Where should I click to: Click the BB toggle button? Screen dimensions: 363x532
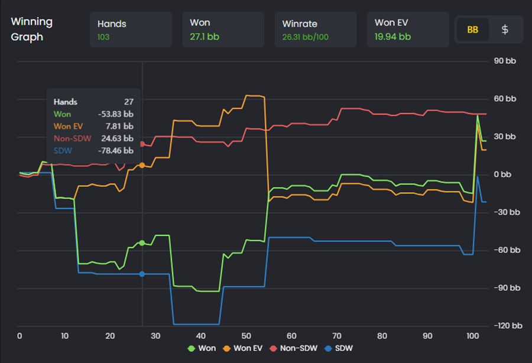point(472,30)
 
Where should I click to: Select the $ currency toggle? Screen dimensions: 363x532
point(505,30)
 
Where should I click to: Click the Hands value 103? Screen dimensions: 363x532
point(105,37)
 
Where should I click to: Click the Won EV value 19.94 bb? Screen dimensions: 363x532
point(392,37)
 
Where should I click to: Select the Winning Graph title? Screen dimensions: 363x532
point(31,29)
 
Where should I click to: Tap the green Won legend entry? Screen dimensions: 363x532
point(202,348)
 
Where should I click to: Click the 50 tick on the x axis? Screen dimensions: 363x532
point(246,336)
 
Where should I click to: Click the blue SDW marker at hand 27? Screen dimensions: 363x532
point(142,274)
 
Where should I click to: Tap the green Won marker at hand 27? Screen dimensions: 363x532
point(142,243)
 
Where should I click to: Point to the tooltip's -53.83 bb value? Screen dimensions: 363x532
point(115,114)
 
